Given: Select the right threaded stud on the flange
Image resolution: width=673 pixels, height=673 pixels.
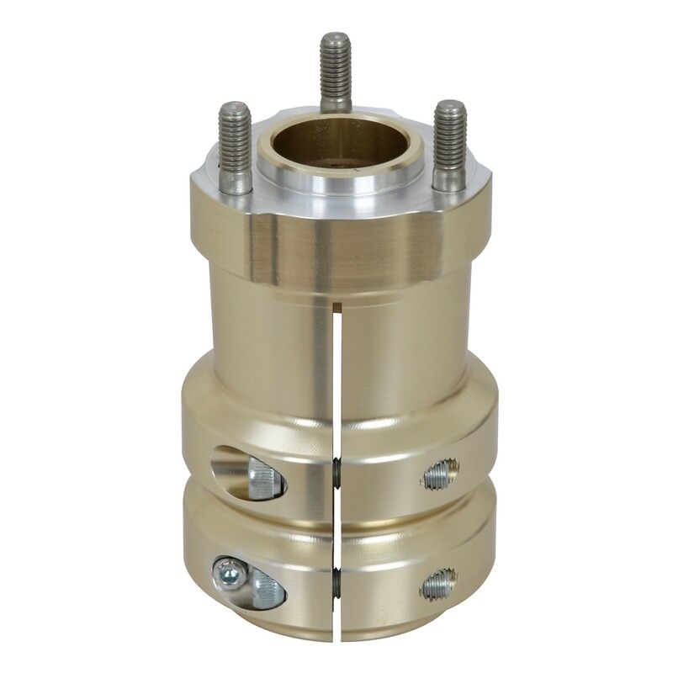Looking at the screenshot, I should click(x=450, y=143).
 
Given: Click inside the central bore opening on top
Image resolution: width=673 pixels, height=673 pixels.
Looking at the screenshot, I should click(x=337, y=143).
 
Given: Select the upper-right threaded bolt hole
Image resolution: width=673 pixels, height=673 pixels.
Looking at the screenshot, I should click(x=440, y=476).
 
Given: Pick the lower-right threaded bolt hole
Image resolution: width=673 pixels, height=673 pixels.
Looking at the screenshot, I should click(x=438, y=582).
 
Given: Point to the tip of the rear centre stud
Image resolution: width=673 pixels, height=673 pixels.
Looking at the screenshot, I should click(x=335, y=38).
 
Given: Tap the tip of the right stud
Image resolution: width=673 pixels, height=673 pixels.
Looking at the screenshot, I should click(x=450, y=107).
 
